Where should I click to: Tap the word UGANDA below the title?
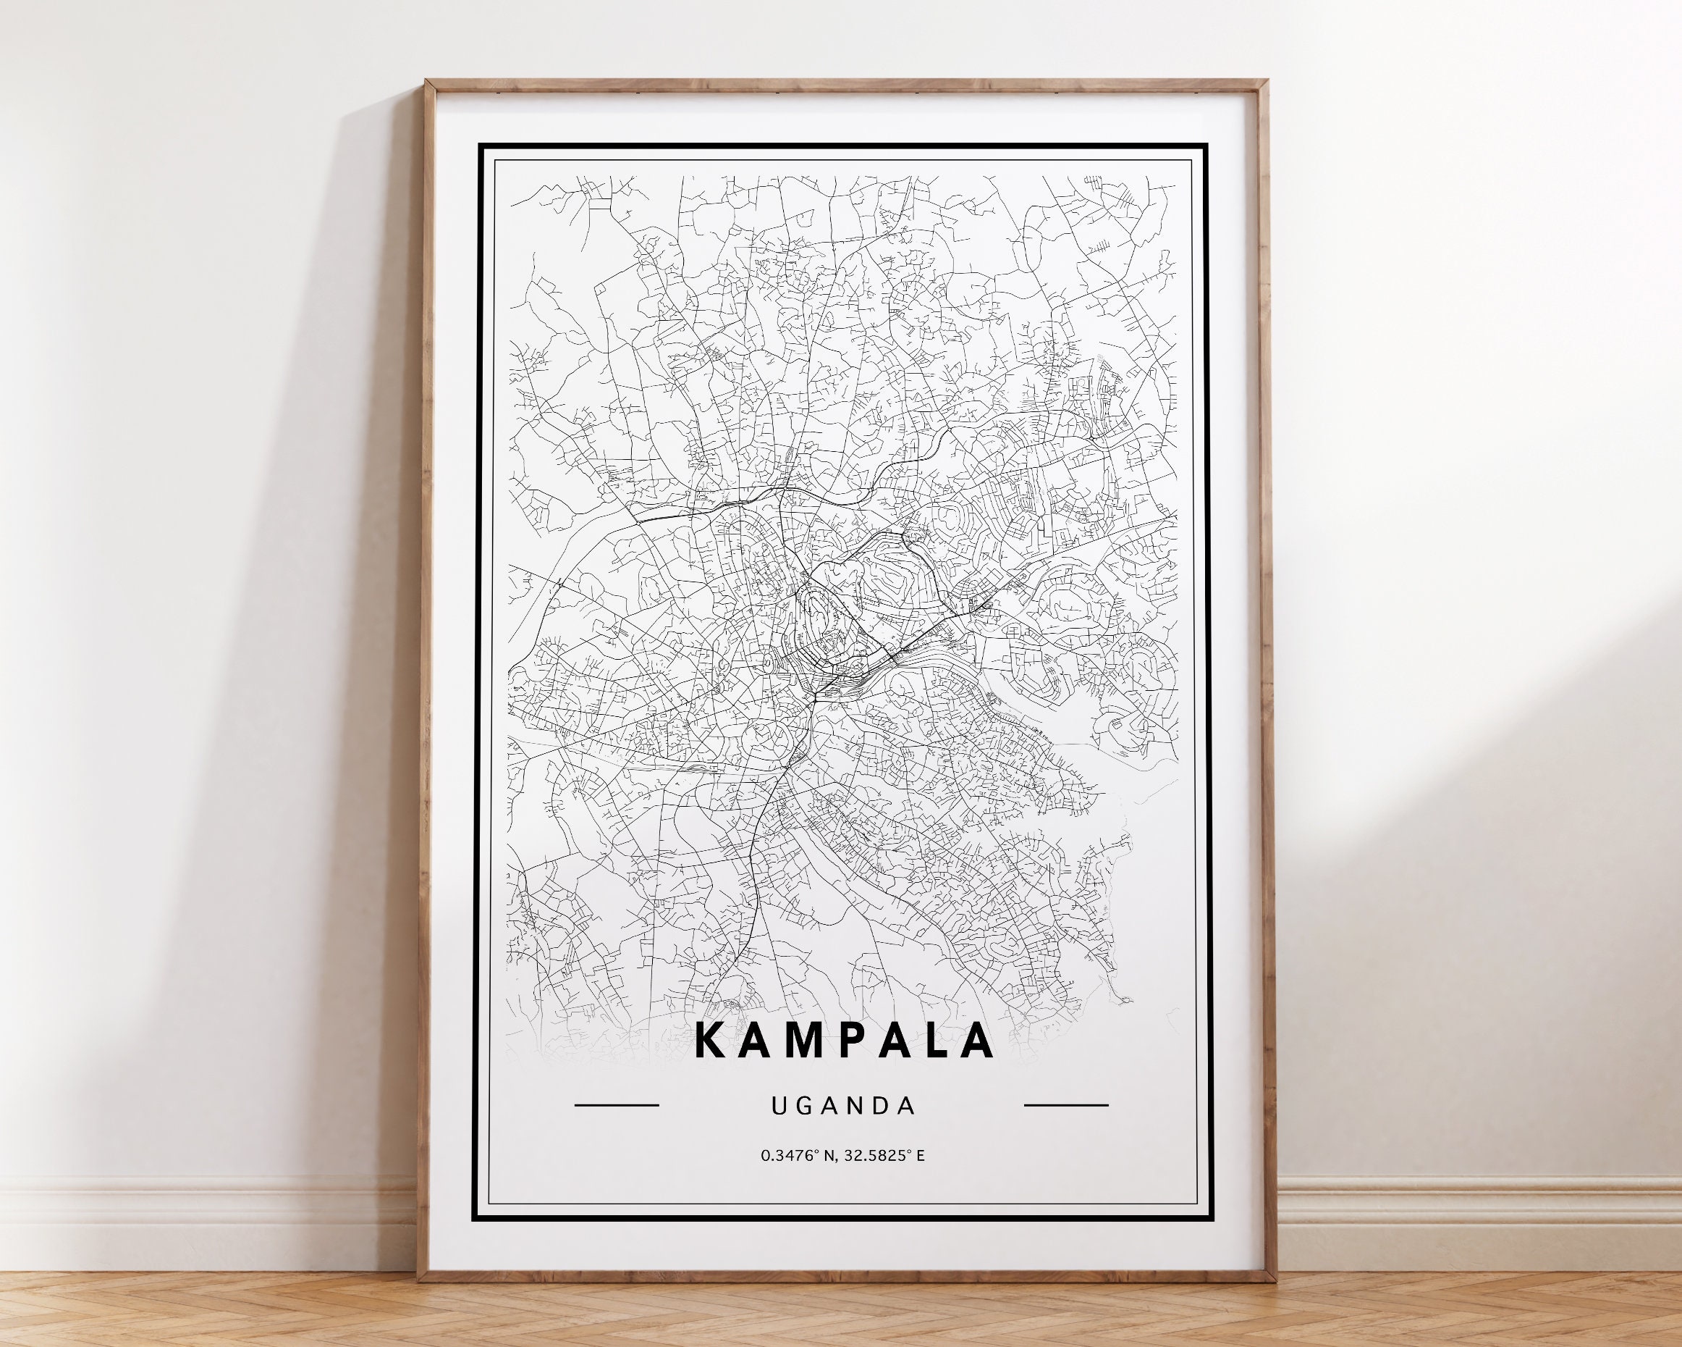click(x=842, y=1106)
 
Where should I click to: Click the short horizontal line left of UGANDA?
click(x=617, y=1105)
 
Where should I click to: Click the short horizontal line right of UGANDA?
click(x=1065, y=1105)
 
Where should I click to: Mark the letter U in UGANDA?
click(x=778, y=1106)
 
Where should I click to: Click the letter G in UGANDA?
click(x=803, y=1106)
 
